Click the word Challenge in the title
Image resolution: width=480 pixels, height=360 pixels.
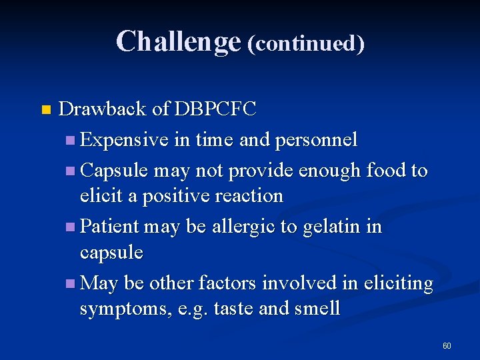(177, 41)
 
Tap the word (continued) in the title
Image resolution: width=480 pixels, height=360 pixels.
(306, 43)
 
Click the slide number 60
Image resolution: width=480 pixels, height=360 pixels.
(447, 346)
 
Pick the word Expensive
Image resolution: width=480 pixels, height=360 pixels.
(125, 140)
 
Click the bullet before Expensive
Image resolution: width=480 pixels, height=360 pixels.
(71, 141)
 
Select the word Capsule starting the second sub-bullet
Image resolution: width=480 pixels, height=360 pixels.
(114, 171)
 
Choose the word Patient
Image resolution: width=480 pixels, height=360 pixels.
(109, 227)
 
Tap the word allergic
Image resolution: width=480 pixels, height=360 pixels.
(243, 227)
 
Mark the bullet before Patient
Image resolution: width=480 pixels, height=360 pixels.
(71, 227)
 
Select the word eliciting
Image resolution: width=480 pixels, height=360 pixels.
(396, 283)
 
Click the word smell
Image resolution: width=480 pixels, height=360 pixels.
(317, 309)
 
